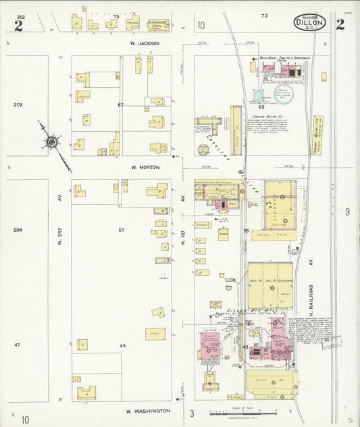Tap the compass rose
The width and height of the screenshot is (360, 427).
click(51, 142)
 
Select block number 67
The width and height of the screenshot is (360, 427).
click(121, 105)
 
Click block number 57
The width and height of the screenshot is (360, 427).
click(122, 230)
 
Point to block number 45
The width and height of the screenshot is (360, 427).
click(122, 345)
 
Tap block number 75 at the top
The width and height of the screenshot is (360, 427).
click(115, 16)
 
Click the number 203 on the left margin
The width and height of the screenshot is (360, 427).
click(18, 105)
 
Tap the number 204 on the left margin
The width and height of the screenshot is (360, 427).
click(18, 230)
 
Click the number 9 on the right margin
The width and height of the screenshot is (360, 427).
click(347, 212)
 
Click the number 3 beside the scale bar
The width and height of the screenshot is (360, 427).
click(192, 413)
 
